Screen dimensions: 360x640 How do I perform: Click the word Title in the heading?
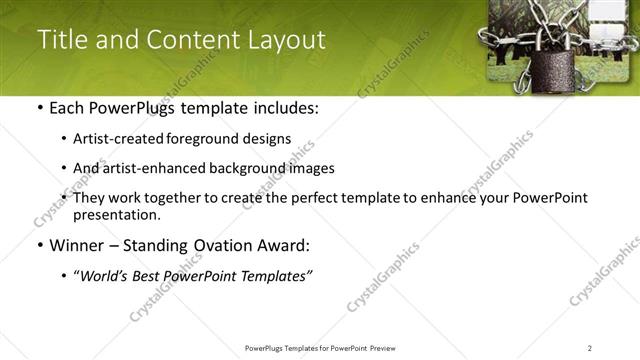coord(61,40)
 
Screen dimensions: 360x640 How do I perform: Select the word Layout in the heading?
coord(288,40)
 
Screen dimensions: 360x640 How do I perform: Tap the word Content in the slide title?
coord(192,40)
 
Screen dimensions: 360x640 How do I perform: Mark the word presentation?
coord(116,215)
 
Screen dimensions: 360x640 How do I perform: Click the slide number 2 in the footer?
coord(589,347)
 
